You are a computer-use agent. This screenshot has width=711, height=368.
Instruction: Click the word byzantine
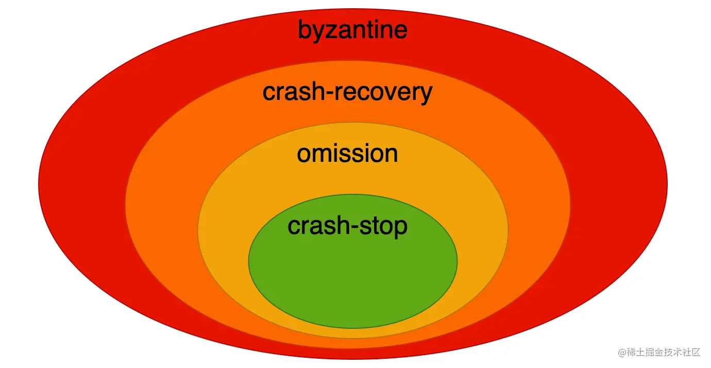pyautogui.click(x=352, y=30)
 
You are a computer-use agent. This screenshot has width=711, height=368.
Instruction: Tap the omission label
pyautogui.click(x=347, y=154)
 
